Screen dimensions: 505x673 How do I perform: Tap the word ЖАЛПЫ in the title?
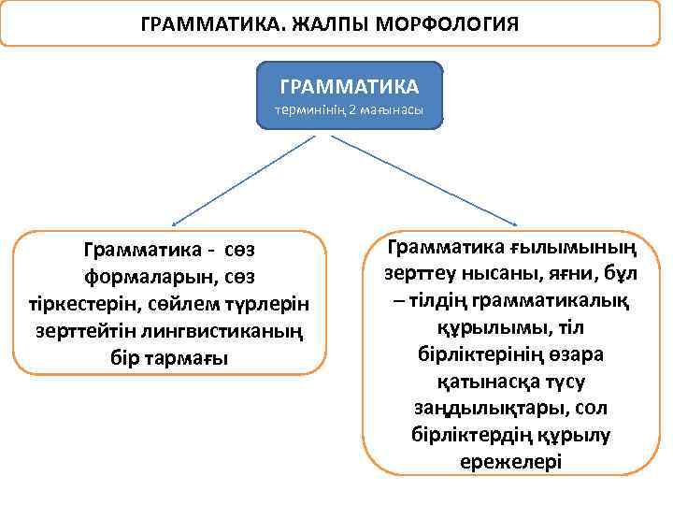pos(326,22)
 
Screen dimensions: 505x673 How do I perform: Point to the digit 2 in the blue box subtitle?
pos(352,110)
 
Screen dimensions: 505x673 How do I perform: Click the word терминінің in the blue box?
pos(310,110)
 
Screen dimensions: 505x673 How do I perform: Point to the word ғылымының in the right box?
pos(573,248)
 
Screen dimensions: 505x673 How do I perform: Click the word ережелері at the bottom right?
pos(511,462)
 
